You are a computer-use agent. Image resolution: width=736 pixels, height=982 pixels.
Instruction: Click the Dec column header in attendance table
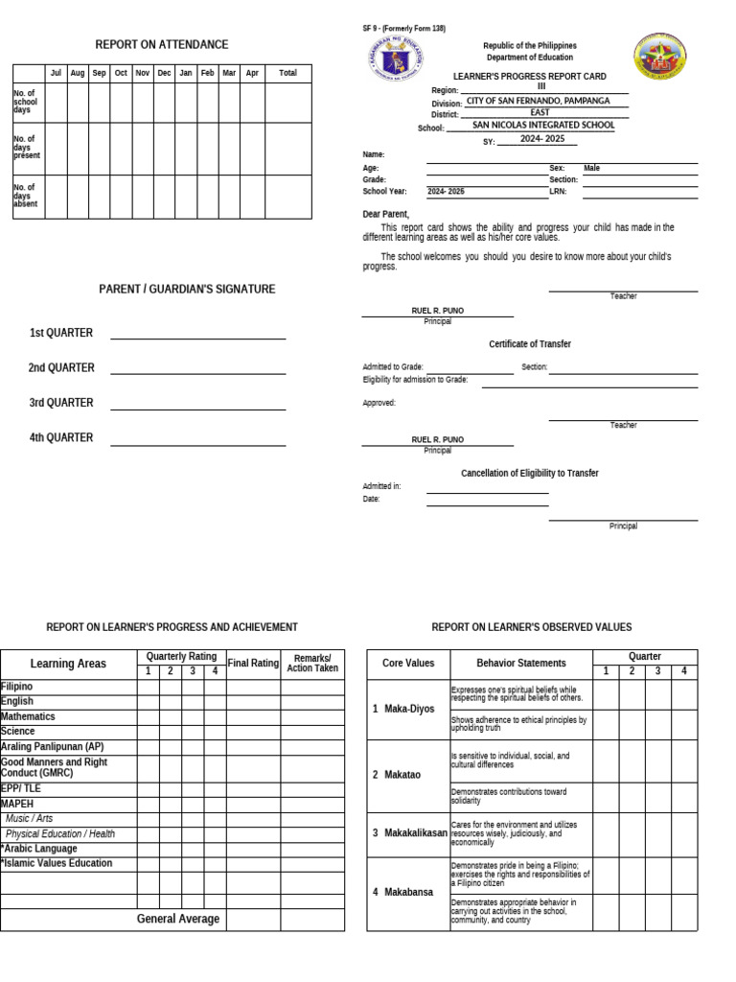[x=164, y=73]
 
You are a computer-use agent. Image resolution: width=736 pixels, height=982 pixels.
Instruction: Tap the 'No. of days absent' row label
[x=26, y=197]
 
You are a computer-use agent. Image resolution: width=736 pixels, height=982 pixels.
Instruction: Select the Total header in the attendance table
[x=287, y=73]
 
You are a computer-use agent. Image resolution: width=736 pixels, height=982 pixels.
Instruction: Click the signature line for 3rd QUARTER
[x=197, y=409]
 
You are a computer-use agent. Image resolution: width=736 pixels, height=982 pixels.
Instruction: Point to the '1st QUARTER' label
[x=61, y=333]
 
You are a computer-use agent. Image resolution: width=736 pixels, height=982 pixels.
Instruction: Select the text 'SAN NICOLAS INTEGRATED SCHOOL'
[x=543, y=126]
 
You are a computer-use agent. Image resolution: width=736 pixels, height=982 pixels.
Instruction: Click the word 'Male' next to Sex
[x=591, y=168]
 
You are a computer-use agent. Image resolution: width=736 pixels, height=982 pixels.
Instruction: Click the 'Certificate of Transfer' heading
[x=530, y=344]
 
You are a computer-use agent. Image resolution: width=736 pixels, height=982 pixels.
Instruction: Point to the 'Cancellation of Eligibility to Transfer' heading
[x=530, y=473]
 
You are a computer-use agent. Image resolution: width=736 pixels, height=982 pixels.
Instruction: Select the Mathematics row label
[x=29, y=716]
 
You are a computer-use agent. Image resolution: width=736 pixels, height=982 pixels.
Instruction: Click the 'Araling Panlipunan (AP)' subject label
[x=53, y=746]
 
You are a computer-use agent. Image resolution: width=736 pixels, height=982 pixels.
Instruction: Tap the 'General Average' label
[x=178, y=919]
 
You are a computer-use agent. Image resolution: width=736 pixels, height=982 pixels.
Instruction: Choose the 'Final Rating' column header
[x=253, y=663]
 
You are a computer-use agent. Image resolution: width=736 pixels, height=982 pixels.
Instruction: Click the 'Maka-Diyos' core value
[x=409, y=709]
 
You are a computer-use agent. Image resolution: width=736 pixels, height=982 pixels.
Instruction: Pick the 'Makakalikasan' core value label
[x=415, y=833]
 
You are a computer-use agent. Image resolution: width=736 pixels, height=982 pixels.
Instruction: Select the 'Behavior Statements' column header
[x=521, y=663]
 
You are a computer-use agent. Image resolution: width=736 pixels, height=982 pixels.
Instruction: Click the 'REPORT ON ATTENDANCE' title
[x=161, y=45]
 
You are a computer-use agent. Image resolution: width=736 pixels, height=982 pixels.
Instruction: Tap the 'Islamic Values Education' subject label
[x=57, y=863]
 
